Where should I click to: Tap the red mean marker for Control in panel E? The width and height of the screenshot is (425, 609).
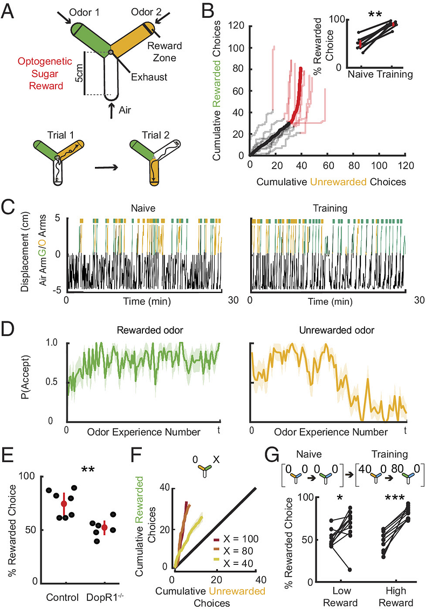65,503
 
